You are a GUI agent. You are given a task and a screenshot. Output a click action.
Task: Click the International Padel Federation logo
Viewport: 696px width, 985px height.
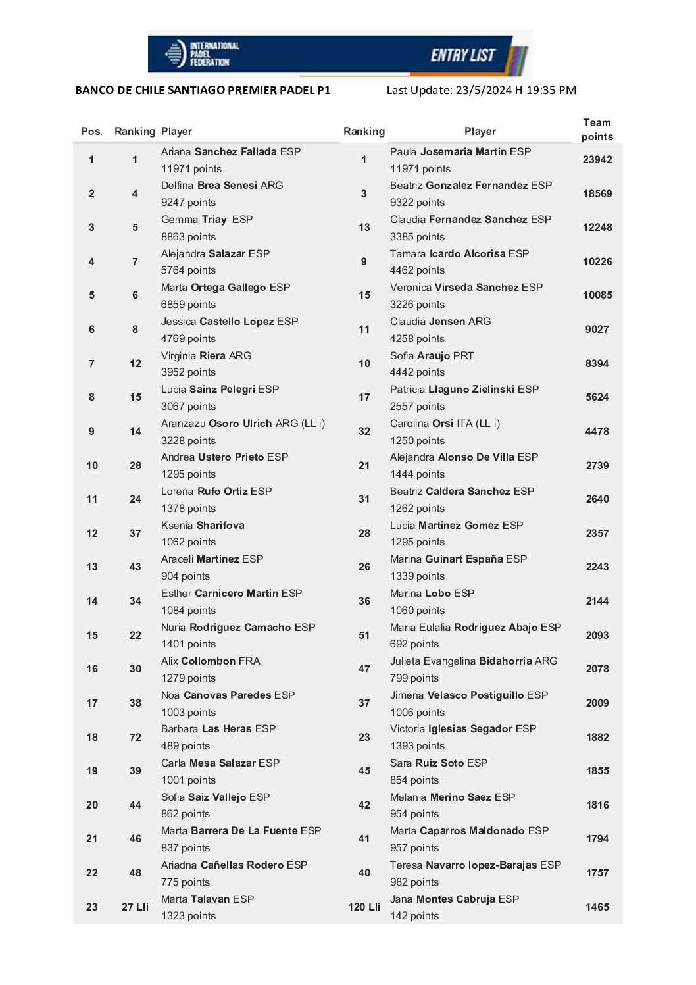[x=201, y=54]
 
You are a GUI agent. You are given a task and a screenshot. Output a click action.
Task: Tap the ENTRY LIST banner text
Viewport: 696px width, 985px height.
[x=462, y=55]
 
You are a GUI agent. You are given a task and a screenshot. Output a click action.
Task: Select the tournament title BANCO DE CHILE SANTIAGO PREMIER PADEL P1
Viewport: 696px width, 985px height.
[x=203, y=90]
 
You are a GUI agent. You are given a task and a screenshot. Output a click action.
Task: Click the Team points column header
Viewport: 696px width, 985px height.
[x=597, y=130]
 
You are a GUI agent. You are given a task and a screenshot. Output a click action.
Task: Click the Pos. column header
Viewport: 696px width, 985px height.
[x=91, y=131]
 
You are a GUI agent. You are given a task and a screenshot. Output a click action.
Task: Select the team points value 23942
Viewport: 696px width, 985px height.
[x=597, y=159]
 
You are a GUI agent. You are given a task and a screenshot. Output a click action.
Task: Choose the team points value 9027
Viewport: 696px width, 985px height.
[x=597, y=329]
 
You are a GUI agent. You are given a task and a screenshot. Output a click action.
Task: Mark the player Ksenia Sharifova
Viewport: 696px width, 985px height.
[x=203, y=525]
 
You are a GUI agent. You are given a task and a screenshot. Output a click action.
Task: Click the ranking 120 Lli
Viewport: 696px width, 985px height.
[x=364, y=907]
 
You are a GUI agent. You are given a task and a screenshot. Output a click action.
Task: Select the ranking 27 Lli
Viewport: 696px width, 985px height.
[x=135, y=907]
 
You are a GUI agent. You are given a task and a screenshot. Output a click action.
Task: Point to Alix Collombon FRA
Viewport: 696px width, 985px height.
[x=211, y=661]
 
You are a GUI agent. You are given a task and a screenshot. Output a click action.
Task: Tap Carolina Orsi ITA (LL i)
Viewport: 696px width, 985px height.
[x=445, y=423]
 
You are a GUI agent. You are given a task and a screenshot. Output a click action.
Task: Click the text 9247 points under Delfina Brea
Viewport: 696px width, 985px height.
[x=188, y=202]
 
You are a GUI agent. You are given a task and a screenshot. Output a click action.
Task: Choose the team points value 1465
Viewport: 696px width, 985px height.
[x=597, y=907]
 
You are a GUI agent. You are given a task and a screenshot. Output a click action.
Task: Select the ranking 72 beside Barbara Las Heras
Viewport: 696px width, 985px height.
[x=135, y=737]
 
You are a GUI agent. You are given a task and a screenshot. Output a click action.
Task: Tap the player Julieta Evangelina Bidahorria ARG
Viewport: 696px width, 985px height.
[x=473, y=661]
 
